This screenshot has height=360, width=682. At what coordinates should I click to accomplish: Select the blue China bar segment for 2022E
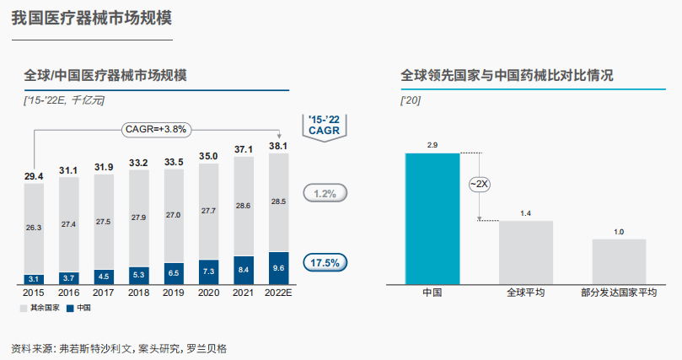pos(279,268)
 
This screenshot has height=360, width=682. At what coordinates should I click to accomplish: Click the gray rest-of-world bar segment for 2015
pos(35,228)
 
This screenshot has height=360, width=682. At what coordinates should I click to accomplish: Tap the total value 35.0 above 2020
pos(208,157)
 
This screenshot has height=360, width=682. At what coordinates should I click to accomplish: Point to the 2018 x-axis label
pos(139,293)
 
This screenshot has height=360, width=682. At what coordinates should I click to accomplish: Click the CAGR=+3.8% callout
pos(155,129)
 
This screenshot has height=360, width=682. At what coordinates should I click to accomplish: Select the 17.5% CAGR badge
pos(325,262)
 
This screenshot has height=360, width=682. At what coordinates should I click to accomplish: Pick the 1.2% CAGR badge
pos(325,193)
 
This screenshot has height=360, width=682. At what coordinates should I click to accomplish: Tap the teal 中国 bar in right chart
pos(432,219)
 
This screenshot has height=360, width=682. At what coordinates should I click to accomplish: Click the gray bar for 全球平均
pos(526,253)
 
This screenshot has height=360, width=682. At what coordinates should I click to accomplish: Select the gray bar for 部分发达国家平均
pos(619,262)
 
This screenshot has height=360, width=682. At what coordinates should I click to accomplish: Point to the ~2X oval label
pos(479,184)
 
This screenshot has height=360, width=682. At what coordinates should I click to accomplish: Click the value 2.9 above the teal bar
pos(432,146)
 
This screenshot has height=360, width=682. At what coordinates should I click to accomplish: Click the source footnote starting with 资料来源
pos(119,347)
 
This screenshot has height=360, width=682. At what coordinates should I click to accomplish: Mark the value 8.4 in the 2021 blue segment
pos(243,270)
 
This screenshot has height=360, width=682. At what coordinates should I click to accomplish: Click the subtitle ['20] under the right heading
pos(411,101)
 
